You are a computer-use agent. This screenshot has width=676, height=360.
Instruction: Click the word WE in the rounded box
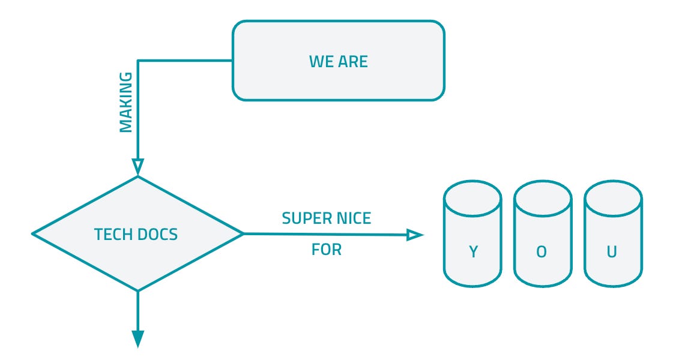pos(321,61)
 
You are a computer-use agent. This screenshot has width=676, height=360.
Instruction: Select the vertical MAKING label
pos(125,102)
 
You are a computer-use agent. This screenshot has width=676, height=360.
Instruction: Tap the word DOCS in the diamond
pos(157,234)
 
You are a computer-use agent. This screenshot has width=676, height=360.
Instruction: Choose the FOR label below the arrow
pos(327,250)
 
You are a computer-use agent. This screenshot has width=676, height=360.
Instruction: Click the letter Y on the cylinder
pos(473,252)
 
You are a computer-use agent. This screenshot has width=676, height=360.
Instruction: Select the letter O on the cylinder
pos(542,252)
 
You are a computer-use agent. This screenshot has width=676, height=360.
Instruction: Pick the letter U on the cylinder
pos(612,252)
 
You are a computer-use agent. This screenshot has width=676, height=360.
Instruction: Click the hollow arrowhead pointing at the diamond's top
pos(138,166)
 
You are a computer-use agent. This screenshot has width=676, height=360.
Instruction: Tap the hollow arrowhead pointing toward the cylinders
pos(415,235)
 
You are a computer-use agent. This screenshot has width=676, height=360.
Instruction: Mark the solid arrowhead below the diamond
pos(138,339)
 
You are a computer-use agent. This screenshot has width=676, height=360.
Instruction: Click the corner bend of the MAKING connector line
pos(138,61)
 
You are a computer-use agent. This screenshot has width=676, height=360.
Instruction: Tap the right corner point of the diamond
pos(243,233)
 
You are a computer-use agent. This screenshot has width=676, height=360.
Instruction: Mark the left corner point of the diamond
pos(33,233)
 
